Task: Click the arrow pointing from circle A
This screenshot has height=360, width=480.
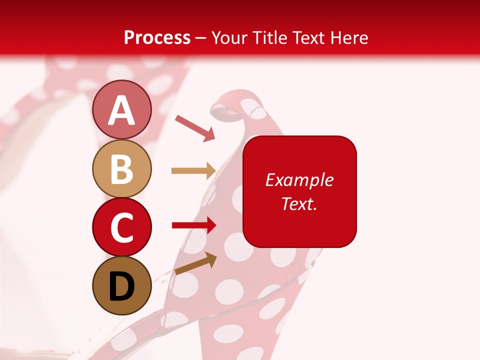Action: pyautogui.click(x=195, y=127)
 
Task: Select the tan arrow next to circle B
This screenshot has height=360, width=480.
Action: pyautogui.click(x=193, y=171)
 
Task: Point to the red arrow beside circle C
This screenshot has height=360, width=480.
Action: pyautogui.click(x=193, y=225)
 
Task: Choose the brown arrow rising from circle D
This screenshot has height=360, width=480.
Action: pyautogui.click(x=195, y=263)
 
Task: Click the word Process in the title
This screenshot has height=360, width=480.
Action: pyautogui.click(x=157, y=37)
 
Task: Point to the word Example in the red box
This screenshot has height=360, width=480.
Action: pyautogui.click(x=299, y=180)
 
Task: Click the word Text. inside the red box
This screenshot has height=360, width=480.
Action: pyautogui.click(x=299, y=203)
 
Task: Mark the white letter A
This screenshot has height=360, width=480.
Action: pyautogui.click(x=121, y=110)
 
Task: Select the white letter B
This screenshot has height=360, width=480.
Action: pyautogui.click(x=121, y=169)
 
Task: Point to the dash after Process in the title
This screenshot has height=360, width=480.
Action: pyautogui.click(x=201, y=38)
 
